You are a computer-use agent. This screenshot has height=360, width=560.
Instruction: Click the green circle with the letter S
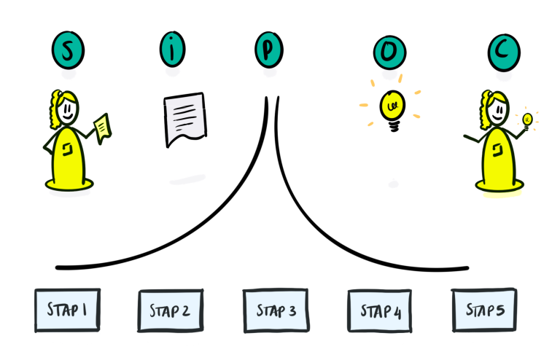click(68, 50)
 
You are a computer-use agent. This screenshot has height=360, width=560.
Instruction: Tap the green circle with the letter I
click(171, 50)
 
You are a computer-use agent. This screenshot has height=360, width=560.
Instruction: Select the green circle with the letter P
click(269, 50)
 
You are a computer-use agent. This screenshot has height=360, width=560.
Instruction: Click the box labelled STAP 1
click(67, 310)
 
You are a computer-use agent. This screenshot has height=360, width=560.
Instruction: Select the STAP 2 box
click(170, 311)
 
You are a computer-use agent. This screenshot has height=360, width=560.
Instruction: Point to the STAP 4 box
click(380, 311)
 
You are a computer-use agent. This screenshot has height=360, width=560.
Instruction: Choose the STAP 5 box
click(484, 310)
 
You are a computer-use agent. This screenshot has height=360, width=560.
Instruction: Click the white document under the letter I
click(185, 117)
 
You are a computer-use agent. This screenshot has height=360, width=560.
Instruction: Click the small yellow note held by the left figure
click(103, 126)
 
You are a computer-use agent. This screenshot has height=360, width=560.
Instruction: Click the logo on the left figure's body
click(66, 149)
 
